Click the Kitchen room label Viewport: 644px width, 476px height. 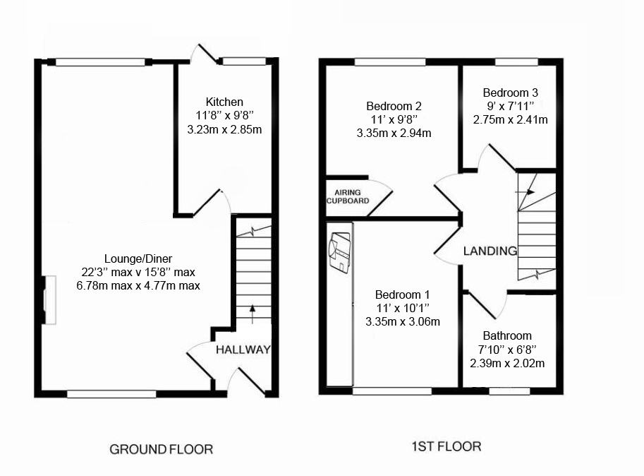[224, 102]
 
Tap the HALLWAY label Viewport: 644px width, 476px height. [243, 350]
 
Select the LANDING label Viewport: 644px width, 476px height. [490, 251]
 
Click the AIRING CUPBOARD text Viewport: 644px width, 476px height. [348, 196]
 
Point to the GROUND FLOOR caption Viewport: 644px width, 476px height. [161, 449]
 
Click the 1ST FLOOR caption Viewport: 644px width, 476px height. [446, 446]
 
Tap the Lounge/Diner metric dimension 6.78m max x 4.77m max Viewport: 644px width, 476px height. [138, 285]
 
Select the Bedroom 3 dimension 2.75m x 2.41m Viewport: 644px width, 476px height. [510, 119]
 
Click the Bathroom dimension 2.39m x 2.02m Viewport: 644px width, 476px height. [507, 364]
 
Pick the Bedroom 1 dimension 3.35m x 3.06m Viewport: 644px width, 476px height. [403, 321]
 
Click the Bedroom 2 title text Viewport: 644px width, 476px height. [394, 106]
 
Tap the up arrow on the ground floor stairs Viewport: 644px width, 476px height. [253, 314]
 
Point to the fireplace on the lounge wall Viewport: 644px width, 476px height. [49, 300]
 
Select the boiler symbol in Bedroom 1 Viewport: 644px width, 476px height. [340, 252]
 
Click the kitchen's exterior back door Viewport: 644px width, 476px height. [204, 54]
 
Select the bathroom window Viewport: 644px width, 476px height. [509, 391]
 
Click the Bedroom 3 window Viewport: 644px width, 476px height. [516, 62]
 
